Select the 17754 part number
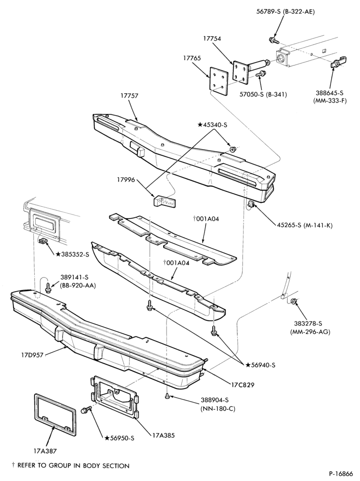[x=212, y=38]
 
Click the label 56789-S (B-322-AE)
[x=285, y=12]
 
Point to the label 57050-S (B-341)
[x=263, y=94]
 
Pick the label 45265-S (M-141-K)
[x=305, y=226]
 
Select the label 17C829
[x=242, y=384]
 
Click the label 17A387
[x=45, y=451]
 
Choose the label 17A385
[x=163, y=435]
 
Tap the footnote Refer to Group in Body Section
[x=70, y=466]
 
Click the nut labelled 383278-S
[x=293, y=302]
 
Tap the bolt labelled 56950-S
[x=86, y=409]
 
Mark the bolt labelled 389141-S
[x=48, y=288]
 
